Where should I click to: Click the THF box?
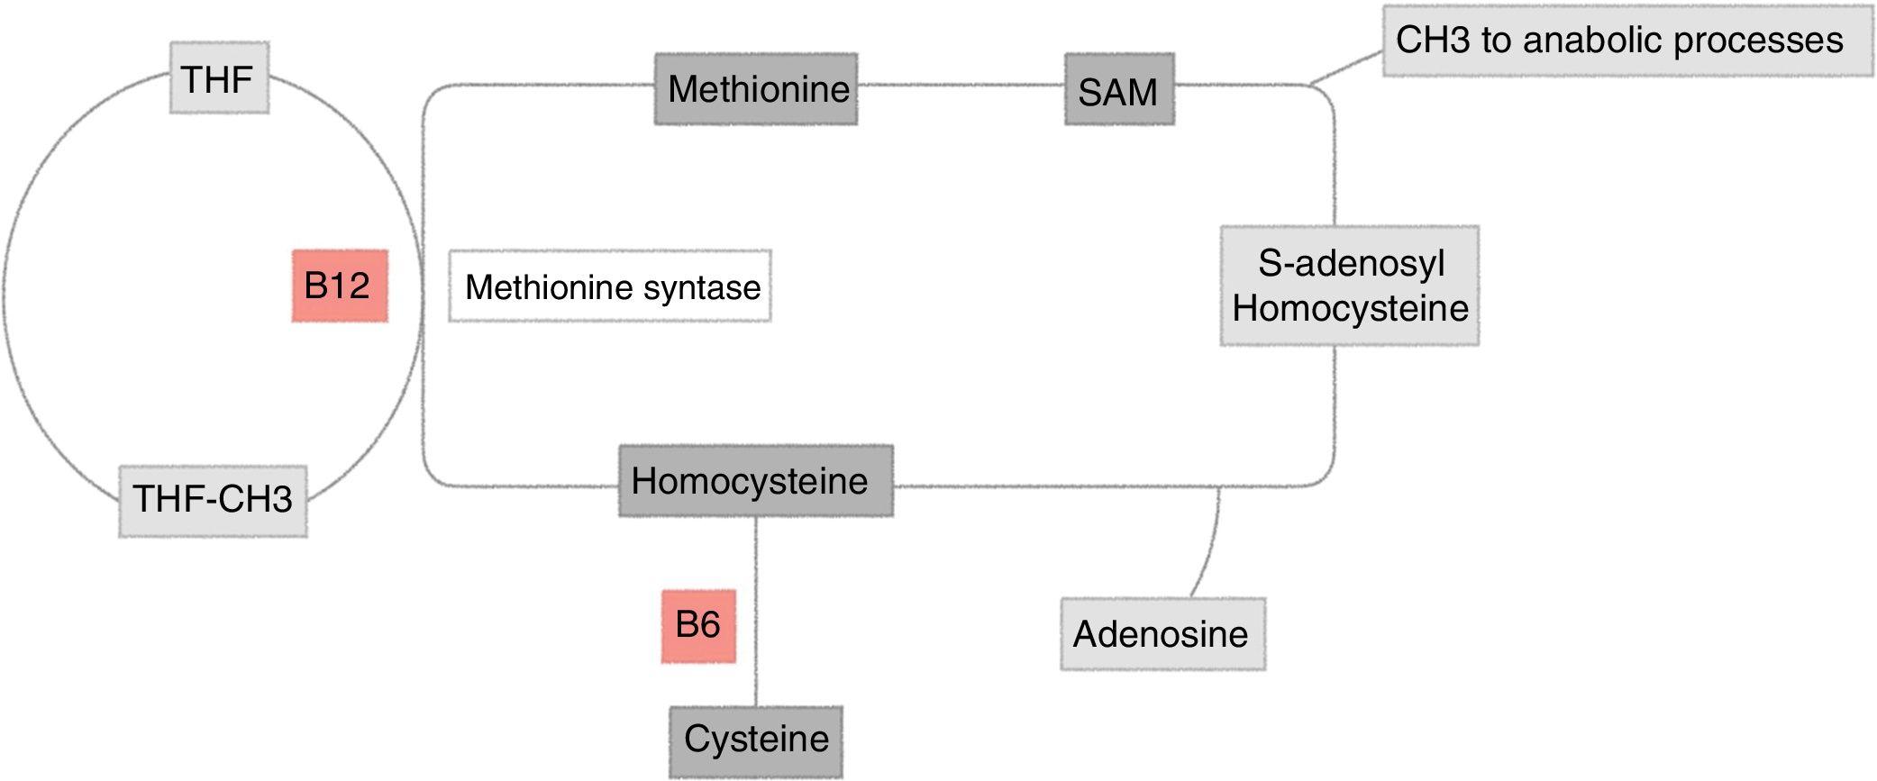[219, 78]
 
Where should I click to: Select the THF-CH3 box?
[213, 501]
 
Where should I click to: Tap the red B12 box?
[340, 286]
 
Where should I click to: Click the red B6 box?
[698, 626]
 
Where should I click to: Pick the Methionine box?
[755, 88]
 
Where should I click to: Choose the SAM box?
[1119, 89]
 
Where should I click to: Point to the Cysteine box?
[755, 741]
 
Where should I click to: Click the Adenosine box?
[1162, 634]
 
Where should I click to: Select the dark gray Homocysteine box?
[755, 480]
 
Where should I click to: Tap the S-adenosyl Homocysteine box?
[1349, 286]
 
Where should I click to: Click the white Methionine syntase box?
[610, 286]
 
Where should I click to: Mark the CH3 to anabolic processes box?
[1626, 41]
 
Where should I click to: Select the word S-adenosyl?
[1351, 263]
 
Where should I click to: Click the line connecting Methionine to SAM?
[960, 86]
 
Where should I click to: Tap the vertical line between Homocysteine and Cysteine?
[755, 559]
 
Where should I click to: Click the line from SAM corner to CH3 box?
[1346, 68]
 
